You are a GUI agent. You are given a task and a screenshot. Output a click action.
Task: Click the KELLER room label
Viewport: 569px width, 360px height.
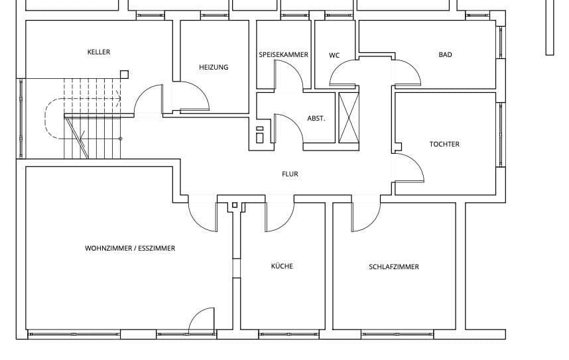[99, 52]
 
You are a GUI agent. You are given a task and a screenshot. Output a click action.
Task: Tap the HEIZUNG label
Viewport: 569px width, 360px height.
[214, 67]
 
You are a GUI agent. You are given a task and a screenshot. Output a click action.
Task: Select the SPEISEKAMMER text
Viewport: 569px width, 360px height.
[283, 55]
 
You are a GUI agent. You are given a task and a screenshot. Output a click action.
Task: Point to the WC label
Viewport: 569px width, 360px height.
[334, 55]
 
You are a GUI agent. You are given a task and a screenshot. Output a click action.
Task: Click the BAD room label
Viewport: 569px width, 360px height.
[446, 55]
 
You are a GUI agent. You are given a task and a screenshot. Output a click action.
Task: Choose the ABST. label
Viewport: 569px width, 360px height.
[316, 119]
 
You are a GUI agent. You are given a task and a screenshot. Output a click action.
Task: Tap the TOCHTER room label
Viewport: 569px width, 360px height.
[444, 144]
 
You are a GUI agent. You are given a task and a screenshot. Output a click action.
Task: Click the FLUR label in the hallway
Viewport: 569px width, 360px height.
[290, 174]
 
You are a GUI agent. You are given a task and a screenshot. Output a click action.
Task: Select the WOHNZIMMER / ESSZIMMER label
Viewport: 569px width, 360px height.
[130, 249]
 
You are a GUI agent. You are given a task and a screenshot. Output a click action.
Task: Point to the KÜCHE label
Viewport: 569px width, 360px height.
[282, 267]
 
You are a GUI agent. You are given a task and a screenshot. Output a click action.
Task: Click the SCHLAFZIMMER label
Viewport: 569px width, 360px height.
[394, 267]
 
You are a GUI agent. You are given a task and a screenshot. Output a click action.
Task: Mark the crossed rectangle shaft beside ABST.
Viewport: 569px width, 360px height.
[349, 118]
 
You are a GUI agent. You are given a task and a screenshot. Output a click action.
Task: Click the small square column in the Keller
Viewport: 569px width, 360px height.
[124, 74]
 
